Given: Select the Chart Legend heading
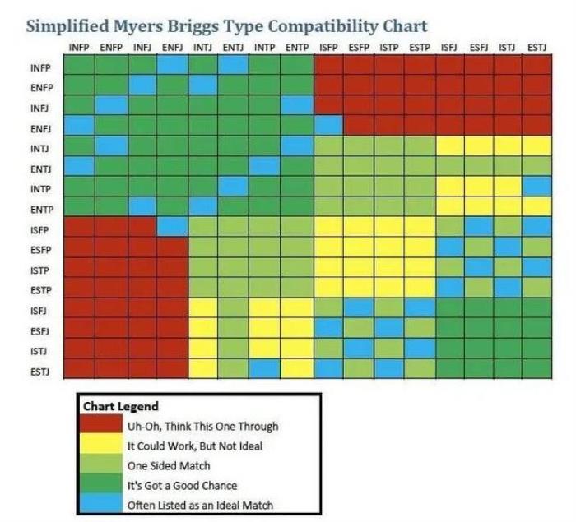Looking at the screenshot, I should click(120, 406).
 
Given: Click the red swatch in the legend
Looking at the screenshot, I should click(101, 426).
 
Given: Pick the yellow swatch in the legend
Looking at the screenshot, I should click(101, 446).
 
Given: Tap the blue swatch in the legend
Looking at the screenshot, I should click(101, 505).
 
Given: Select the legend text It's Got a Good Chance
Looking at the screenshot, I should click(181, 485).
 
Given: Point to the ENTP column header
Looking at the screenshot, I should click(296, 48).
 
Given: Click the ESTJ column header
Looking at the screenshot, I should click(536, 48).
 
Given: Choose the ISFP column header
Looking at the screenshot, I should click(328, 48).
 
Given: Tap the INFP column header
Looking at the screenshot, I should click(79, 48).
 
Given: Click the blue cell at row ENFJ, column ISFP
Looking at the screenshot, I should click(328, 126).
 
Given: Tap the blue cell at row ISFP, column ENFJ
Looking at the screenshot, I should click(173, 227).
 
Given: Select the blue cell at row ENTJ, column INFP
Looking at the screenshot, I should click(79, 166).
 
